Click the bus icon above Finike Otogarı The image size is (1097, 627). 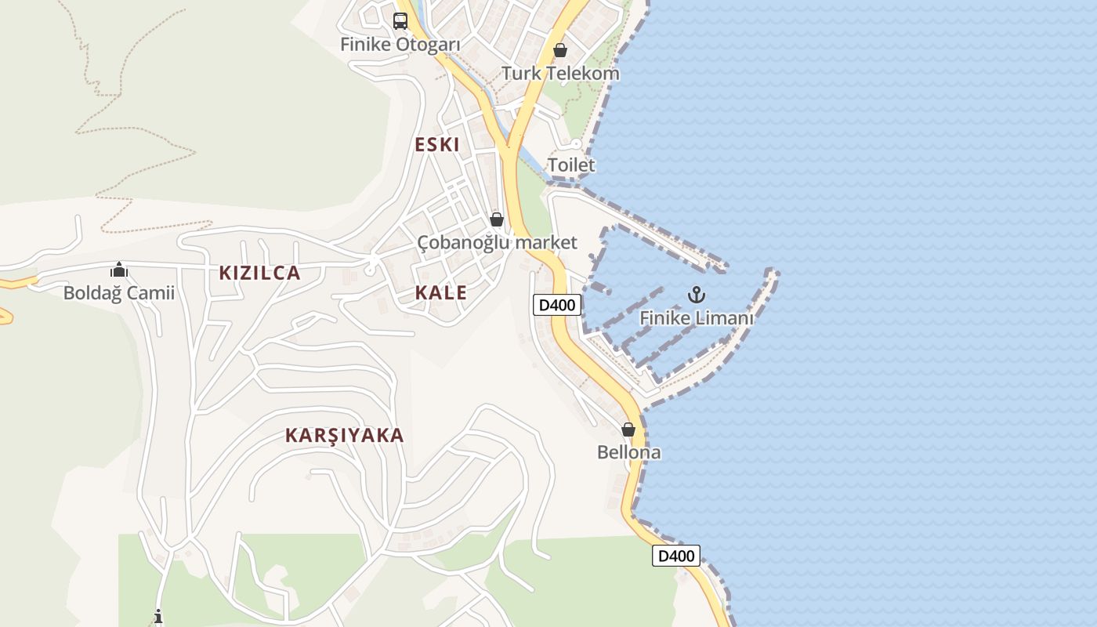pyautogui.click(x=400, y=20)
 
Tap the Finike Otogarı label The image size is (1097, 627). pyautogui.click(x=400, y=45)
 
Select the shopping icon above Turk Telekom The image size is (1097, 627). pyautogui.click(x=560, y=50)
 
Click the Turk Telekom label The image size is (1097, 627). pyautogui.click(x=560, y=74)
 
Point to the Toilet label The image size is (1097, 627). pyautogui.click(x=571, y=165)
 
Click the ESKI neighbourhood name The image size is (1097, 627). pyautogui.click(x=437, y=145)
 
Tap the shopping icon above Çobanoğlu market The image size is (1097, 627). pyautogui.click(x=497, y=219)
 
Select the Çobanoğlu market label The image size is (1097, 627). pyautogui.click(x=497, y=243)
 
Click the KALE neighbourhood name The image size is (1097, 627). pyautogui.click(x=441, y=293)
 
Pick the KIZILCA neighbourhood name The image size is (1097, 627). pyautogui.click(x=259, y=273)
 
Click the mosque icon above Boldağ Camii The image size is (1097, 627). pyautogui.click(x=119, y=270)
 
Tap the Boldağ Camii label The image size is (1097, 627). pyautogui.click(x=119, y=294)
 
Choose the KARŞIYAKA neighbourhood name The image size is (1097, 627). pyautogui.click(x=345, y=436)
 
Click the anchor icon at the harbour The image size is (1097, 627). pyautogui.click(x=697, y=295)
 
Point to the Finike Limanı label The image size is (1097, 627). pyautogui.click(x=697, y=318)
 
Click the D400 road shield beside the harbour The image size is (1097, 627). pyautogui.click(x=557, y=305)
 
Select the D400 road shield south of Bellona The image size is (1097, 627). pyautogui.click(x=676, y=556)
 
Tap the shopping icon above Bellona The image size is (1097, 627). pyautogui.click(x=628, y=429)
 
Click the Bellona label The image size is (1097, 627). pyautogui.click(x=628, y=453)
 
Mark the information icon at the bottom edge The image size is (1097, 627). pyautogui.click(x=158, y=617)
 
